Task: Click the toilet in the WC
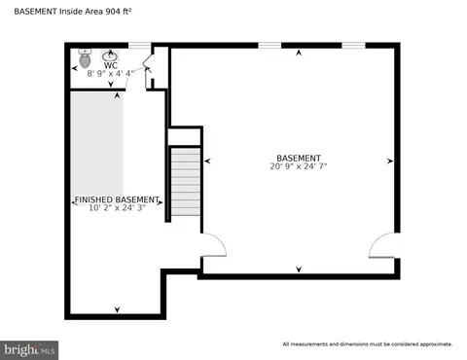(85, 58)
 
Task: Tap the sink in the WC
(111, 56)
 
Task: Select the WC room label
(111, 65)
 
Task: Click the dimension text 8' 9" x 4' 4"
(111, 74)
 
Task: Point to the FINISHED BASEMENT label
(117, 199)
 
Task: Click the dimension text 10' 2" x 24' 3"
(117, 207)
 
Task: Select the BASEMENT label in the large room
(299, 158)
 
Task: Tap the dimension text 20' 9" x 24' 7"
(299, 166)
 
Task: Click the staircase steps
(186, 182)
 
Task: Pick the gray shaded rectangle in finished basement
(97, 144)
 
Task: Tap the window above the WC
(140, 46)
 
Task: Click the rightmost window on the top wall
(354, 46)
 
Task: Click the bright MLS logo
(29, 350)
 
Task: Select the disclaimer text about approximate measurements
(368, 344)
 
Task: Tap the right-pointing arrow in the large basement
(390, 161)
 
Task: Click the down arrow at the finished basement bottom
(117, 309)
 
